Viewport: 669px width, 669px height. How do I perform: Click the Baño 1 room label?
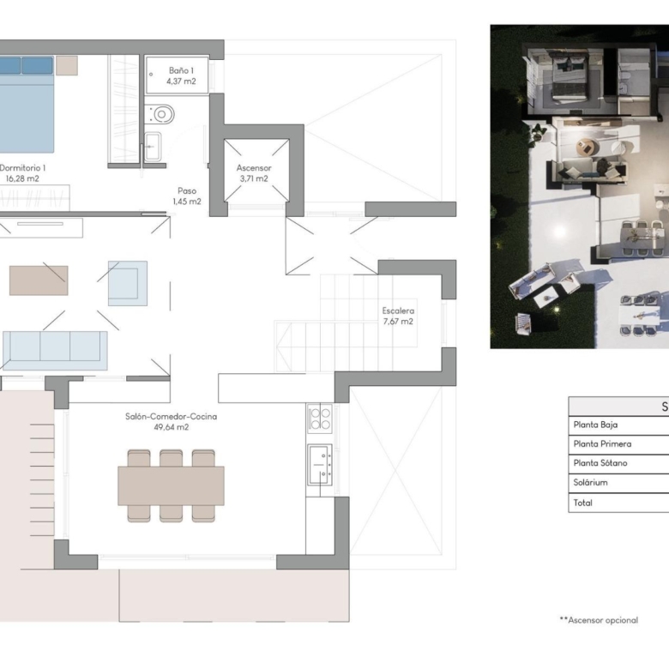click(x=181, y=75)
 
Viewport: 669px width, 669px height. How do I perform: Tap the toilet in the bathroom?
click(x=160, y=114)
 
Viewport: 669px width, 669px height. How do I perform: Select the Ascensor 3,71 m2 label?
click(x=254, y=173)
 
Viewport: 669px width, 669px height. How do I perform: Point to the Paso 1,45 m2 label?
click(x=187, y=196)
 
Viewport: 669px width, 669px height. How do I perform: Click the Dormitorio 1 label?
click(x=22, y=167)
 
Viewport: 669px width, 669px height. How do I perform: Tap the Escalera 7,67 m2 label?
click(x=398, y=316)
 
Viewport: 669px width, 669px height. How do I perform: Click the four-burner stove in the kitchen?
click(x=320, y=418)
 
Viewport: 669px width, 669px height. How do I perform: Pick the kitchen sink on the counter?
click(x=320, y=464)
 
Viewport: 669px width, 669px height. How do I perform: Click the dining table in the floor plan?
click(x=171, y=485)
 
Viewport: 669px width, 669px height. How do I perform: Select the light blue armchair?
click(x=128, y=283)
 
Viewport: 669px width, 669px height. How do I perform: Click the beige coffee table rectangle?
click(x=39, y=280)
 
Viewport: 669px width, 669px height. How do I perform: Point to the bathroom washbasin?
click(x=153, y=147)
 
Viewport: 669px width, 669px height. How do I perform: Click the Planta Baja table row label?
click(x=595, y=425)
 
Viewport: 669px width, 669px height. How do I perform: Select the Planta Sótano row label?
click(x=600, y=463)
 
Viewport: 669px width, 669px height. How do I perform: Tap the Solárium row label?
click(x=590, y=483)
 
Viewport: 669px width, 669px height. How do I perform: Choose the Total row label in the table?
click(x=583, y=503)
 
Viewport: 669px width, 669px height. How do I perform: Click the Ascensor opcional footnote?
click(x=599, y=620)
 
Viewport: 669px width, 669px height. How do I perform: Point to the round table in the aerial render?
click(x=588, y=148)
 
